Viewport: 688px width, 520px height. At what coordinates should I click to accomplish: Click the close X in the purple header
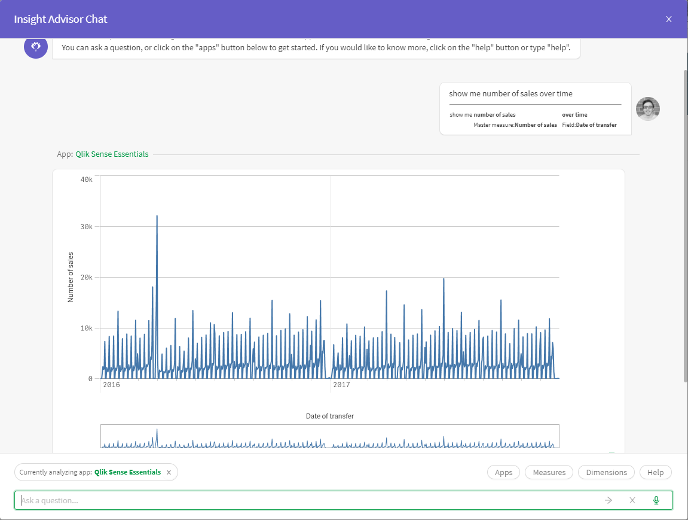(669, 19)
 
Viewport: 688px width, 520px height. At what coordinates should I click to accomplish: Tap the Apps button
(504, 472)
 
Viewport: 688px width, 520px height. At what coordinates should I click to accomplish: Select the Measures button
(549, 472)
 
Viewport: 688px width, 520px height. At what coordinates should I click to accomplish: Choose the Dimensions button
(606, 472)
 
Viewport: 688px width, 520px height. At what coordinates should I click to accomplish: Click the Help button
(655, 472)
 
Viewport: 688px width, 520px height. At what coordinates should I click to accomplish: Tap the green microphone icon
(656, 500)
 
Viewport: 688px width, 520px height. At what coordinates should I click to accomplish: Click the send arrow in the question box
(609, 500)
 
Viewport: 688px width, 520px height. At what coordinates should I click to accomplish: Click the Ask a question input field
(299, 500)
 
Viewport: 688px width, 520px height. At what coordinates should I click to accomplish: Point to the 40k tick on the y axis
(86, 179)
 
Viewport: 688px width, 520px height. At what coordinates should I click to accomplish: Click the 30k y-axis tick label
(86, 227)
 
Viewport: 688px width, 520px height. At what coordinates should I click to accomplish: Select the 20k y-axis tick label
(86, 278)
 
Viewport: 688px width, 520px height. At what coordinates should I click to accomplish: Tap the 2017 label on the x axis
(341, 385)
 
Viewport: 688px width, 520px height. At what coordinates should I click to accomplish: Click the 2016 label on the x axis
(111, 385)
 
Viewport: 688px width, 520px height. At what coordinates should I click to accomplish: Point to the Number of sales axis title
(71, 277)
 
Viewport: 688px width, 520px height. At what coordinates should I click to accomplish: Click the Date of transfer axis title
(330, 416)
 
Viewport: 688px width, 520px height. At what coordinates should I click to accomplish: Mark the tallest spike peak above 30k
(157, 216)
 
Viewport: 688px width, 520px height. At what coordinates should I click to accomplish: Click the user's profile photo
(648, 109)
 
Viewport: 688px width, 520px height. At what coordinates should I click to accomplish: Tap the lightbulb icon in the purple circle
(36, 47)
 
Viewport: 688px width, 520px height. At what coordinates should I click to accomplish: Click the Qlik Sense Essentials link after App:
(112, 154)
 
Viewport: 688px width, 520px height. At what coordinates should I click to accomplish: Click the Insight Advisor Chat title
(60, 19)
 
